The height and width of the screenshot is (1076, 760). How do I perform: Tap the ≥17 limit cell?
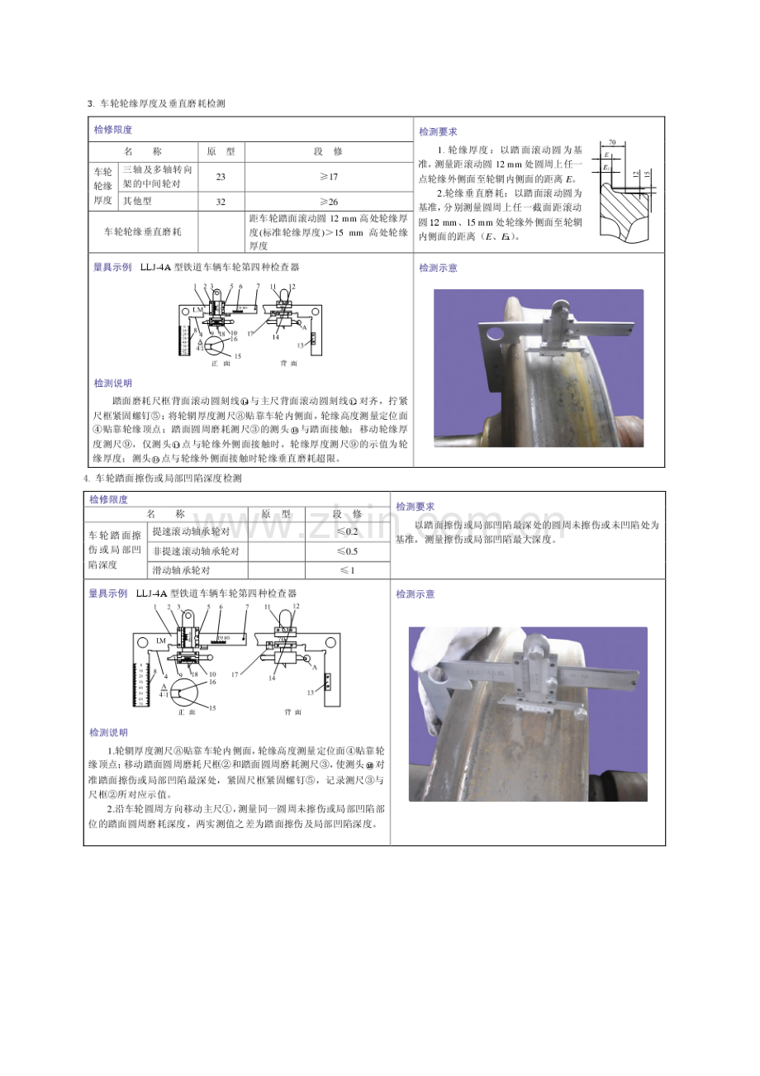pyautogui.click(x=328, y=177)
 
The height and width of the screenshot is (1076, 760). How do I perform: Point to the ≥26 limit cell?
pyautogui.click(x=328, y=202)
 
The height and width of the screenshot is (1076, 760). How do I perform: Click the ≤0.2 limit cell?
pyautogui.click(x=347, y=531)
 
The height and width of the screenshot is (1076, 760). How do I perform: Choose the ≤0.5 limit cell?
pyautogui.click(x=347, y=551)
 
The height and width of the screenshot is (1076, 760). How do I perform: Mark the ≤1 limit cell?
pyautogui.click(x=347, y=570)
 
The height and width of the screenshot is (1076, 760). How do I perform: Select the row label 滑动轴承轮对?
pyautogui.click(x=183, y=570)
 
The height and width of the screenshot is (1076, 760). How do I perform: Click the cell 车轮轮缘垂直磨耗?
pyautogui.click(x=143, y=232)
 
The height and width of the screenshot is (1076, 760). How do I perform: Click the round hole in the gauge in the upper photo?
pyautogui.click(x=496, y=333)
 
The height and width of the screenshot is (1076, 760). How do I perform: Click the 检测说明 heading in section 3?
pyautogui.click(x=112, y=383)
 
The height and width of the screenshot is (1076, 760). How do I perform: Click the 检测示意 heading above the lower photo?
pyautogui.click(x=415, y=594)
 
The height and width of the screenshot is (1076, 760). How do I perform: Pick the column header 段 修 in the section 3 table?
pyautogui.click(x=328, y=152)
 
